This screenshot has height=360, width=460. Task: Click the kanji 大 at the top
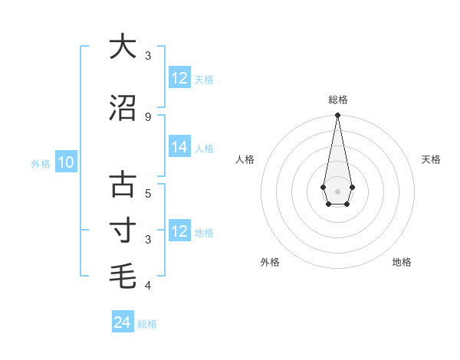coord(123,47)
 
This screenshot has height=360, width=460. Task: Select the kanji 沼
coord(123,108)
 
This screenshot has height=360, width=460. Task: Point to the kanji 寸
coord(123,231)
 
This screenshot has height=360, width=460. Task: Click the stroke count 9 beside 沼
coord(148,116)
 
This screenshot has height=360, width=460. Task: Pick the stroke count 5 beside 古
coord(148,193)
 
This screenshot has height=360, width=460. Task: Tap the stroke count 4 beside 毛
coord(148,286)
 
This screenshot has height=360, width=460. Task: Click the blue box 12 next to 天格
coord(179,78)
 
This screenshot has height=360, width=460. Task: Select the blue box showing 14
coord(179,148)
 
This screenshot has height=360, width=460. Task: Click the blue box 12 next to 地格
coord(179,231)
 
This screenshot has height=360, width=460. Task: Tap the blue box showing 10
coord(66,162)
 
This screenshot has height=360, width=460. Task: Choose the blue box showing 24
coord(122,322)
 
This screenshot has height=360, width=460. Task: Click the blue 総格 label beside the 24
coord(147,324)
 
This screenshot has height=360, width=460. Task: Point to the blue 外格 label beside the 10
coord(41,163)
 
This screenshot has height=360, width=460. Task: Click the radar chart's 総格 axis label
coord(337,100)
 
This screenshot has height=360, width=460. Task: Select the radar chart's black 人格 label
coord(245,159)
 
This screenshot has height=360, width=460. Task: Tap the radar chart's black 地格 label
coord(402,262)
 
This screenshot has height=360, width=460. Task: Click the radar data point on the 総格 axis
coord(337,116)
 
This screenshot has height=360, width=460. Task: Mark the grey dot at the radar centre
coord(337,191)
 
